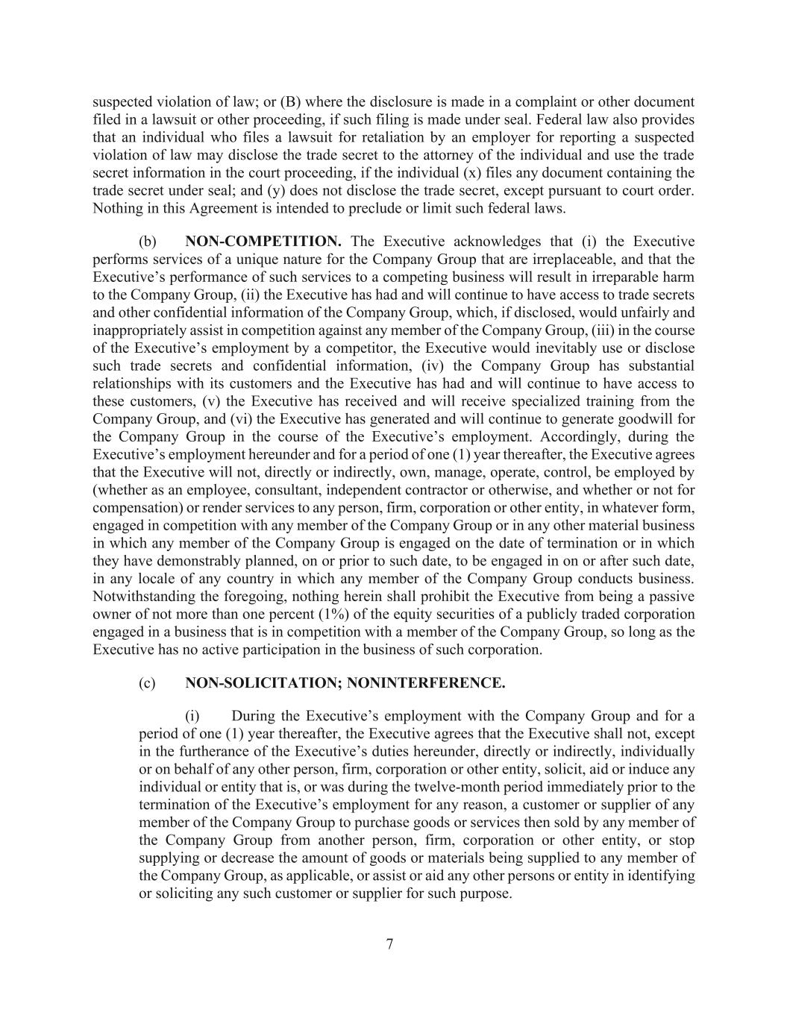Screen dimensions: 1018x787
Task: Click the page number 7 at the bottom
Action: coord(389,944)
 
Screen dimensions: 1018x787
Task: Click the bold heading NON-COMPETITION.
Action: coord(263,242)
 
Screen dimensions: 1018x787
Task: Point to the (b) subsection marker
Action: coord(147,242)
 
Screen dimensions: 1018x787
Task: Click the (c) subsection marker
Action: coord(147,682)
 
